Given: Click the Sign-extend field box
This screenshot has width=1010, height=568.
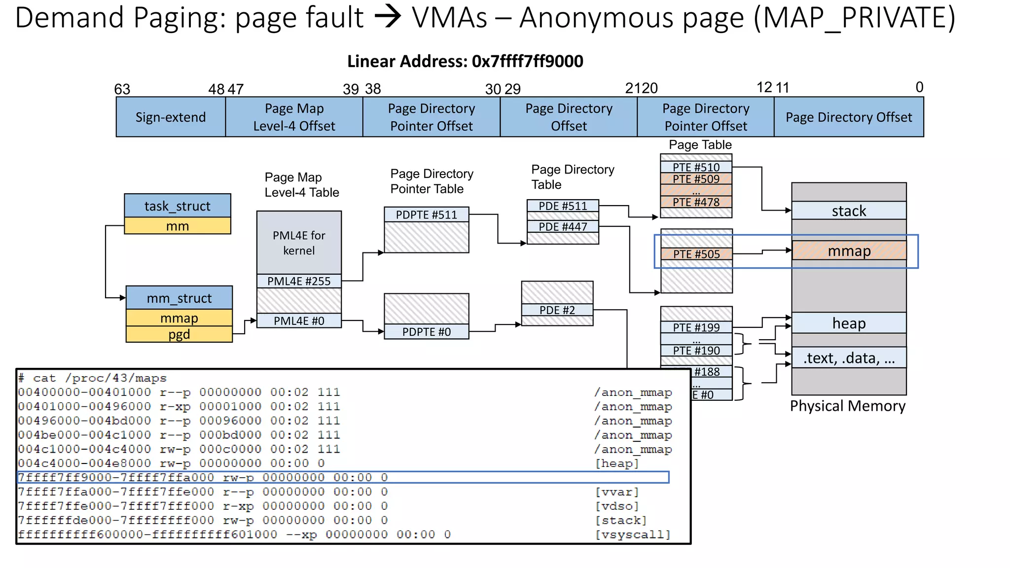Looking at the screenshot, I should (x=171, y=117).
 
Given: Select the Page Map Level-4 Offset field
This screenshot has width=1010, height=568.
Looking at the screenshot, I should (x=294, y=117).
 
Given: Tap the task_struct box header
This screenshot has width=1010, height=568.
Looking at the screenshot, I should (x=177, y=206).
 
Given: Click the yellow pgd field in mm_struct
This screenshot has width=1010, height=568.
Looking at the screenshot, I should (x=179, y=334).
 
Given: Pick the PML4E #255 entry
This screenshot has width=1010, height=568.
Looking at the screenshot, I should (x=299, y=281).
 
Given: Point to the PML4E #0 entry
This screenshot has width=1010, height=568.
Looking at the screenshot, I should (x=299, y=321).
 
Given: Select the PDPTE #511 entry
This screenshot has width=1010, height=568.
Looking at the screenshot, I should (x=426, y=214).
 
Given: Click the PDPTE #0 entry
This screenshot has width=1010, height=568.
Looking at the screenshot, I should (x=426, y=332).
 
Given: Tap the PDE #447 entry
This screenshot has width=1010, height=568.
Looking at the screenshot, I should (x=563, y=227).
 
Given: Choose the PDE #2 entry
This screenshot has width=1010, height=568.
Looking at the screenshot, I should (x=557, y=310).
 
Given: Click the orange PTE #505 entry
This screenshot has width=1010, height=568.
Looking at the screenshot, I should (x=696, y=254).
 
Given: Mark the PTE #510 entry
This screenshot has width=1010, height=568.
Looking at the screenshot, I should (x=696, y=167).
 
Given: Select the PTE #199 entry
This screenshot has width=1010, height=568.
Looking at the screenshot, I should (x=696, y=327).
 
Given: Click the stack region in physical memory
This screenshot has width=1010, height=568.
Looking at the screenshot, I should (x=849, y=211).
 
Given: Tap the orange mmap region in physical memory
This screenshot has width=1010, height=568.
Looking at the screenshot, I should (x=849, y=251).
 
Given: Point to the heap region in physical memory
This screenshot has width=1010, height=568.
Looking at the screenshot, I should (x=849, y=323).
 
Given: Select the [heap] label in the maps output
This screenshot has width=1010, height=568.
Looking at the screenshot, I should (x=617, y=463).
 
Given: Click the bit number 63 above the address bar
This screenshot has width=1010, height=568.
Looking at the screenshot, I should (x=122, y=89).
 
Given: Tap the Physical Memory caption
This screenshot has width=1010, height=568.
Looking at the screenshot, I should (x=847, y=406).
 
